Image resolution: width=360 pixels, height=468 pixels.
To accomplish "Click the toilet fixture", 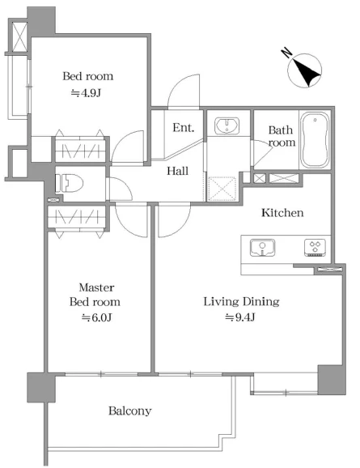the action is click(69, 183).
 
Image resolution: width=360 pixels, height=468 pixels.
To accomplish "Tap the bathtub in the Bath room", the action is click(315, 139).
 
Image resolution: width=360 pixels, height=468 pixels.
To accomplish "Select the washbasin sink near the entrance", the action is click(227, 126).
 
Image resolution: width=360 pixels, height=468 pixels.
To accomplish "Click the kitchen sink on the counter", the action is click(262, 248).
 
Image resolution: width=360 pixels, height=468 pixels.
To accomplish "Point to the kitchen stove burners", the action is click(315, 247).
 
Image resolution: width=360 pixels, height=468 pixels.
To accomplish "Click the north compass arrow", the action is click(307, 71).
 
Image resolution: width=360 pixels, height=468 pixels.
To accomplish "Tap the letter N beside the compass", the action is click(286, 53).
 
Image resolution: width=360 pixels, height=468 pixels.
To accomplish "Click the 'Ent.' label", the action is click(184, 128).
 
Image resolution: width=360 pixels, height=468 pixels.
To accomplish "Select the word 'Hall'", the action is click(177, 171).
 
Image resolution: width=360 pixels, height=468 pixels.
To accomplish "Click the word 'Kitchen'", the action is click(282, 213).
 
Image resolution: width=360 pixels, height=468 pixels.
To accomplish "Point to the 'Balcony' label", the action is click(129, 411).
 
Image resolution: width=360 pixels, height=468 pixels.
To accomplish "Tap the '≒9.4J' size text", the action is click(240, 317).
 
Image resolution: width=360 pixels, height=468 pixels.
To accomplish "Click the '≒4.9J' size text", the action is click(86, 93).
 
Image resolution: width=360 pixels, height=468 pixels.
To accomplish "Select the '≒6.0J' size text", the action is click(96, 317).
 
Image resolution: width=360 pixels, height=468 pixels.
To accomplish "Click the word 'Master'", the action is click(96, 287).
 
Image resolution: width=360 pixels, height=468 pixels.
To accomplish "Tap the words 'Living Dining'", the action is click(242, 302).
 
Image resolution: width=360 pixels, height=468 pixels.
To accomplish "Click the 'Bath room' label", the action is click(282, 136).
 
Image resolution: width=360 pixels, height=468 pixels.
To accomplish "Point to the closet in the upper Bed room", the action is click(81, 149).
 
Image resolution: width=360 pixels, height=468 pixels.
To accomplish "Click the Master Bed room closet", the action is click(77, 217).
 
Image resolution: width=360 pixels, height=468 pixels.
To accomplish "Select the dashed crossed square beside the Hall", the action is click(222, 189).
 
